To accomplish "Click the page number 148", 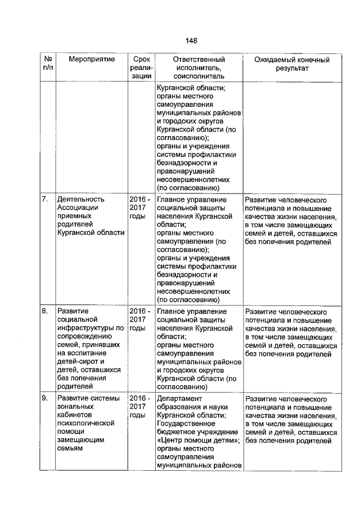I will pyautogui.click(x=191, y=41).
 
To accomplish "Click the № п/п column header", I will pyautogui.click(x=48, y=64).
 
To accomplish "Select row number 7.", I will pyautogui.click(x=45, y=200).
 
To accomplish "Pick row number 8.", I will pyautogui.click(x=45, y=311).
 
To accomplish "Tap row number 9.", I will pyautogui.click(x=45, y=399).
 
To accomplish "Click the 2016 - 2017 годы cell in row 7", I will pyautogui.click(x=140, y=208).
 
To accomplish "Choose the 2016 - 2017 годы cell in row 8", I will pyautogui.click(x=140, y=319).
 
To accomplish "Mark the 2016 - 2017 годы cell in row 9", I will pyautogui.click(x=140, y=407).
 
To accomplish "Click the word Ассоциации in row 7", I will pyautogui.click(x=80, y=208).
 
